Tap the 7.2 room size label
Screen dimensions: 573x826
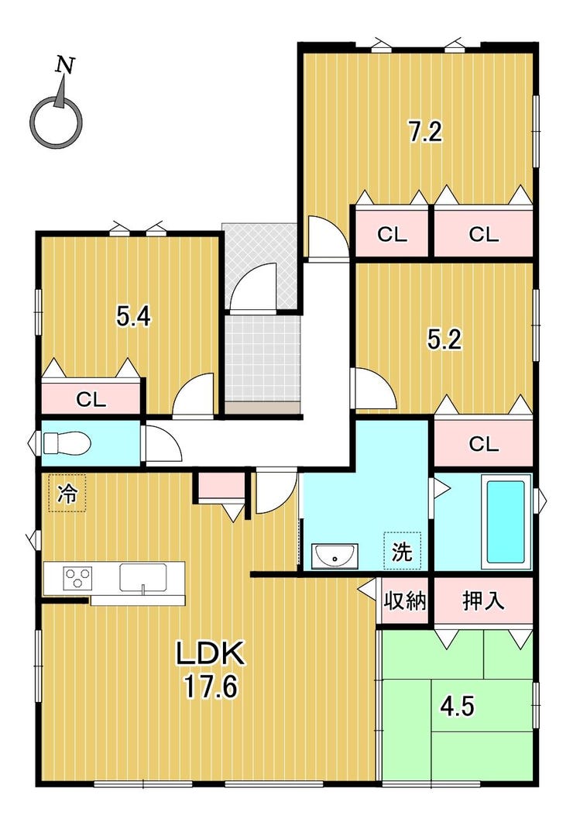coord(426,132)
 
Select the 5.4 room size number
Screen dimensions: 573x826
coord(134,317)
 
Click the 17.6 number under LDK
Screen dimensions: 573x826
coord(211,687)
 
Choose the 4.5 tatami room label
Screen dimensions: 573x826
coord(457,706)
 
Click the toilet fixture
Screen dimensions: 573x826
coord(67,442)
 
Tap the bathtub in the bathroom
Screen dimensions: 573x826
coord(506,521)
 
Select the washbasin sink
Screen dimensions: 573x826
coord(334,556)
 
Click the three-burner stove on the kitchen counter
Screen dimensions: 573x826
coord(78,577)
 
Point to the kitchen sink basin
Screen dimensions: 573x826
coord(142,577)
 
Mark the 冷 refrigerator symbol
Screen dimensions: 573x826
coord(67,494)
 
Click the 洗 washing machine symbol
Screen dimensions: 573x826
coord(402,551)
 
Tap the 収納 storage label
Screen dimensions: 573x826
coord(404,601)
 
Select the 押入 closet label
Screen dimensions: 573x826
coord(483,601)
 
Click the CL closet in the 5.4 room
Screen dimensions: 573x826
coord(91,399)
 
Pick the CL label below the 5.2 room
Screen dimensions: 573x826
coord(483,444)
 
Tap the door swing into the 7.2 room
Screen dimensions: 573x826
coord(328,237)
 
